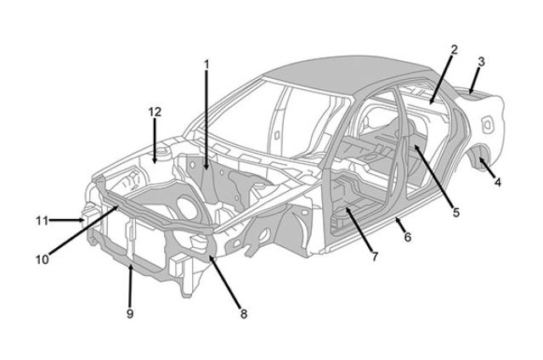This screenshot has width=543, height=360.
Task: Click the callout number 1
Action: [206, 65]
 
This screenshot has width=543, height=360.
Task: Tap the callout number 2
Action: [454, 50]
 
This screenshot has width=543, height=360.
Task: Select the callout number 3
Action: [481, 62]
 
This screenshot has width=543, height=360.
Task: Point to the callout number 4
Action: [498, 182]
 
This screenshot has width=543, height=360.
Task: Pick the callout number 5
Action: [456, 212]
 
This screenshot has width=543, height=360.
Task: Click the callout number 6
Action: [408, 237]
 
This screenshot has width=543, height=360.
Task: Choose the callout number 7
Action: [375, 256]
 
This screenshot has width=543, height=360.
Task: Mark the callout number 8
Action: [244, 314]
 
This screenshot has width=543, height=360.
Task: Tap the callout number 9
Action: [130, 313]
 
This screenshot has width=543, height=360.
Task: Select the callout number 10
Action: [42, 259]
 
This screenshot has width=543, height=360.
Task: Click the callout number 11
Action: [42, 221]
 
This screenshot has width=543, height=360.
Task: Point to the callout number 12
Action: [155, 112]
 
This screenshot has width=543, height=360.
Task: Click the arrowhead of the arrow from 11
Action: [82, 220]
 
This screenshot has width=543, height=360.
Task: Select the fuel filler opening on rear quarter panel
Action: [487, 124]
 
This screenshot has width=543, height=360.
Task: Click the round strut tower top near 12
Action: [162, 152]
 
